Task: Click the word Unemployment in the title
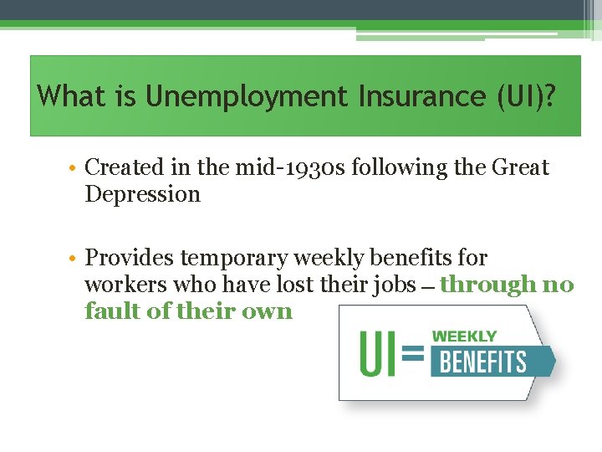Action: coord(247,97)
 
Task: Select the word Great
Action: coord(519,167)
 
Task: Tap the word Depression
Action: coord(142,194)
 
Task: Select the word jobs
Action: coord(394,285)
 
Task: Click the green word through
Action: coord(488,285)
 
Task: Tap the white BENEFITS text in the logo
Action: coord(483,362)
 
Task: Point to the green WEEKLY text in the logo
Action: coord(464,336)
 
